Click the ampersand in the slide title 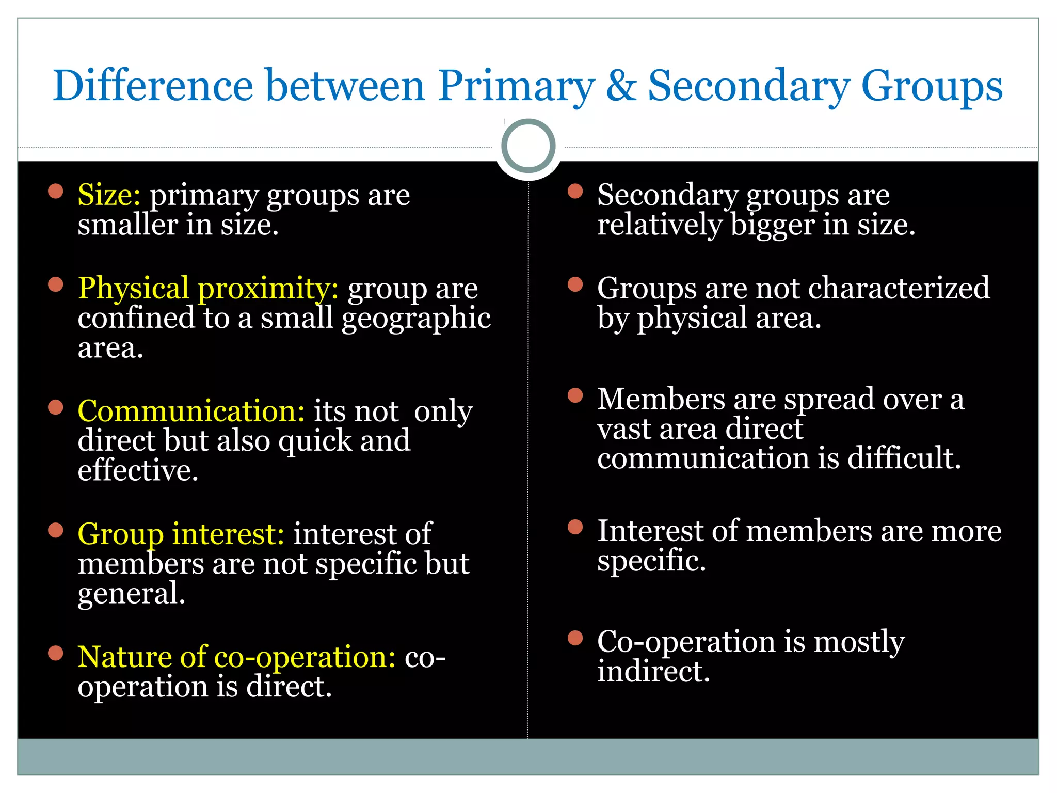click(621, 86)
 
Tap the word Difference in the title click(153, 86)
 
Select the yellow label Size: click(109, 195)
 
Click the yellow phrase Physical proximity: click(208, 288)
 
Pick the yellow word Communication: click(191, 411)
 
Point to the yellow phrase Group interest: click(181, 534)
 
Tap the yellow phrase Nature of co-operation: click(236, 657)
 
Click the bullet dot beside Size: click(55, 192)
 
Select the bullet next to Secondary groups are click(575, 192)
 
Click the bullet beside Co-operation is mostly click(575, 639)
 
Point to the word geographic click(416, 319)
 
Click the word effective click(138, 470)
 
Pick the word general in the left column click(131, 594)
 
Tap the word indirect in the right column click(653, 672)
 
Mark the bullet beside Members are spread click(575, 396)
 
